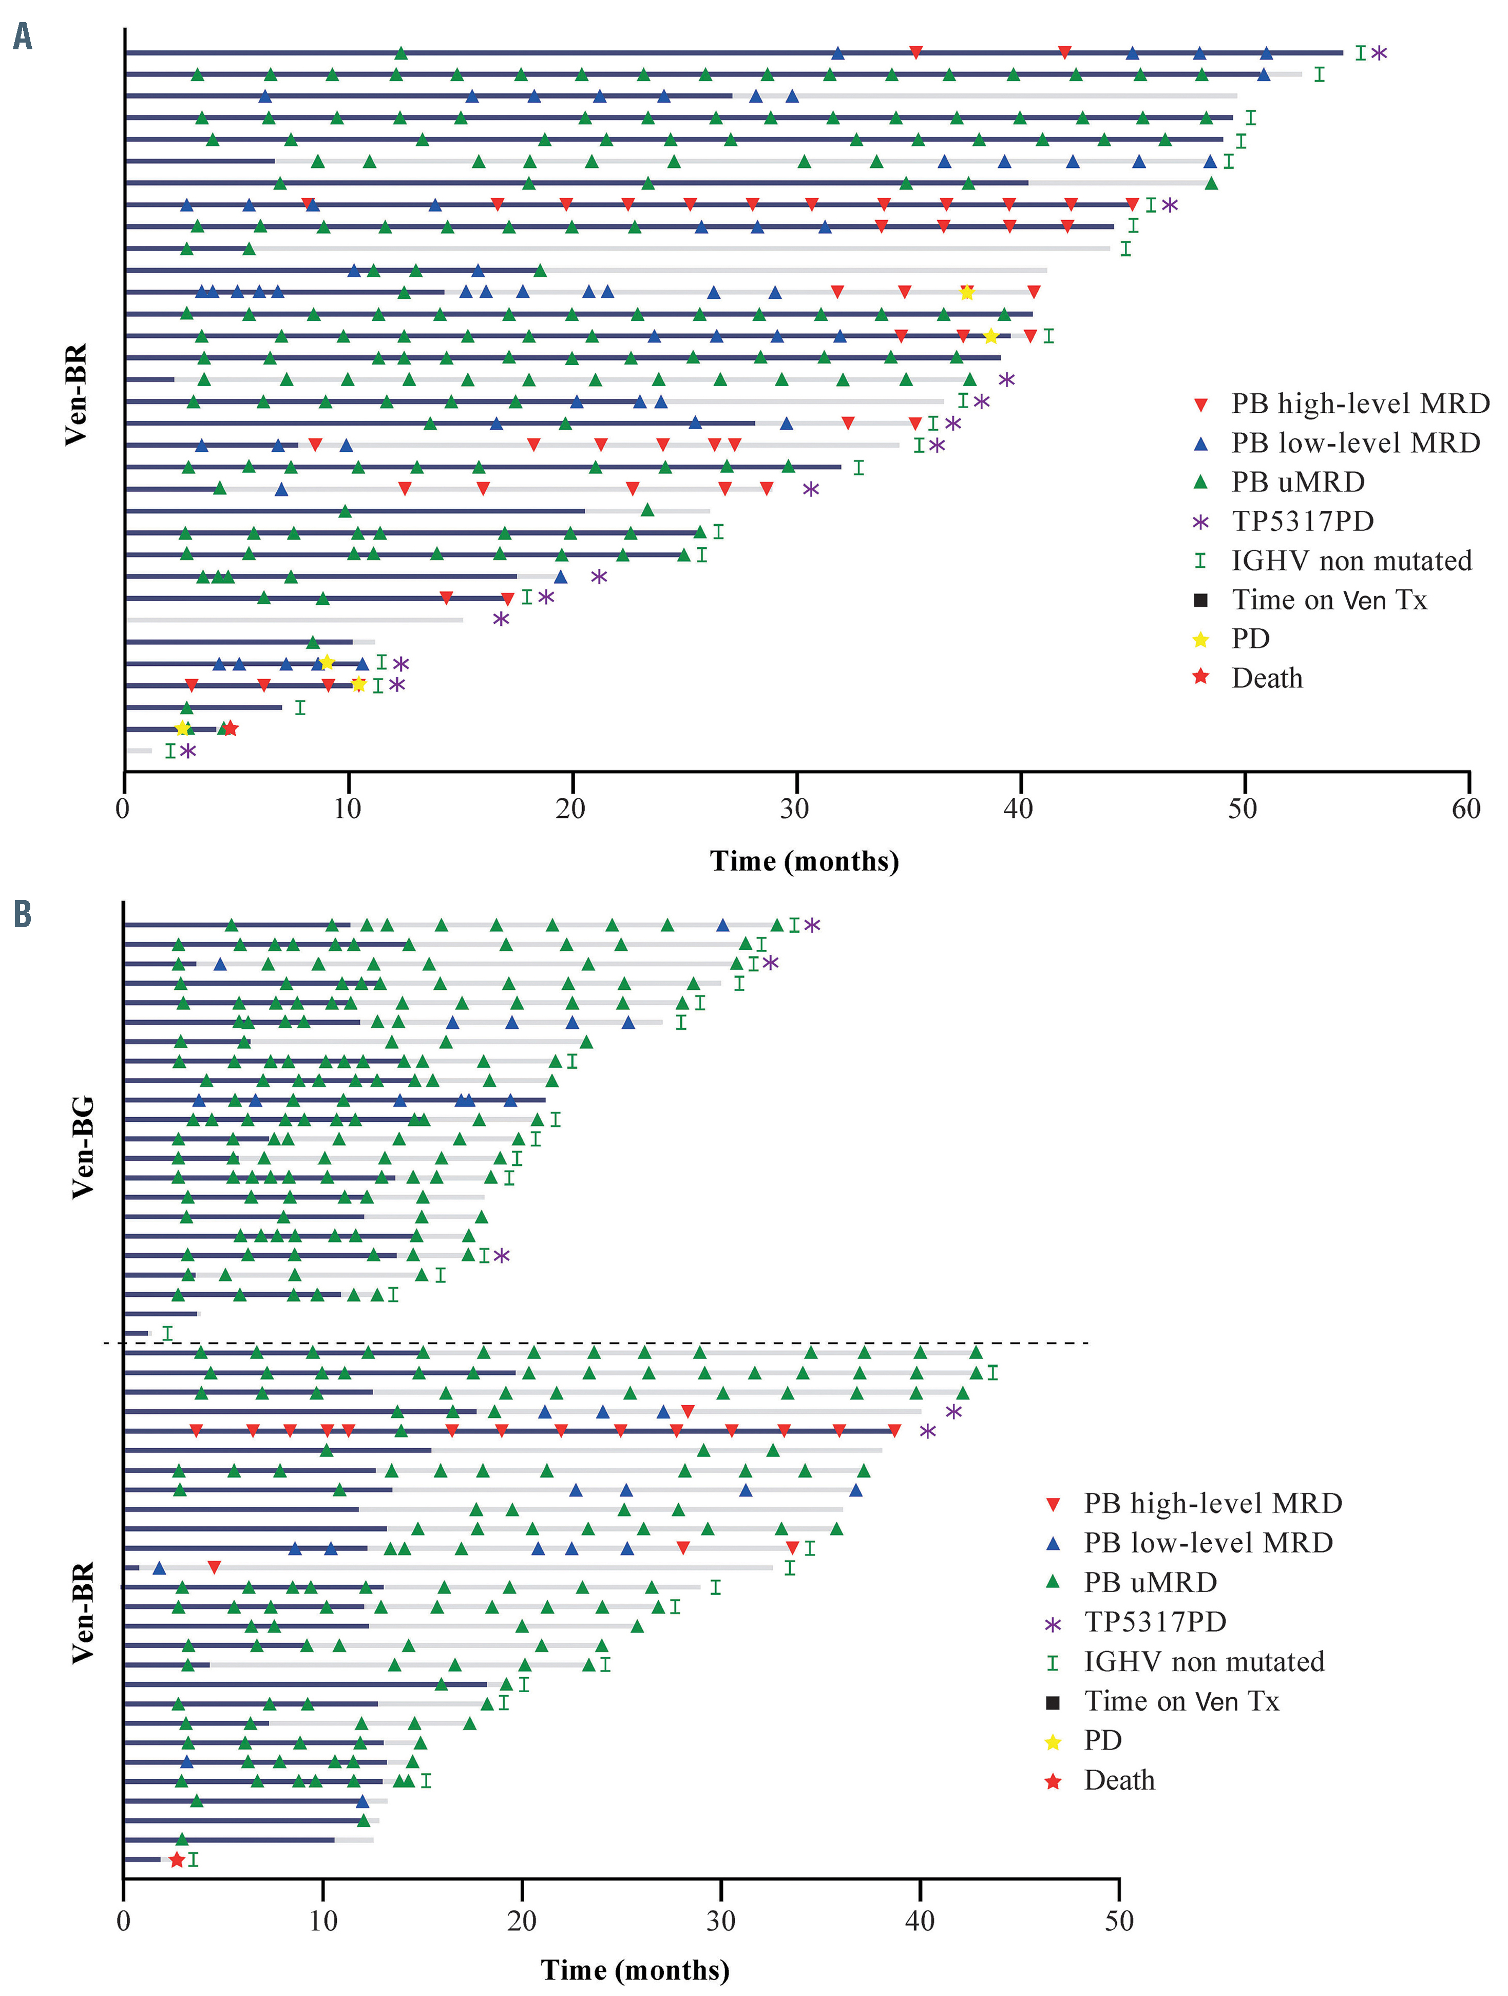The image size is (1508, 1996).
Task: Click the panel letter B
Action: tap(23, 914)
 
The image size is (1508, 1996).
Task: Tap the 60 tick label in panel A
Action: tap(1465, 809)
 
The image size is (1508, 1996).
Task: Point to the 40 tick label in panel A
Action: tap(1018, 809)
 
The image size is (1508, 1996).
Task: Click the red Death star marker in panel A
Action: tap(230, 728)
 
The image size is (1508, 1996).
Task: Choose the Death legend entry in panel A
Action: tap(1266, 679)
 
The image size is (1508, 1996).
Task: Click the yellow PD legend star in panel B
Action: tap(1052, 1741)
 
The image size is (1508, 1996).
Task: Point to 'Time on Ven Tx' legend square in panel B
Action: tap(1052, 1702)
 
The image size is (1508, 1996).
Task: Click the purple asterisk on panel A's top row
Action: tap(1379, 52)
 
